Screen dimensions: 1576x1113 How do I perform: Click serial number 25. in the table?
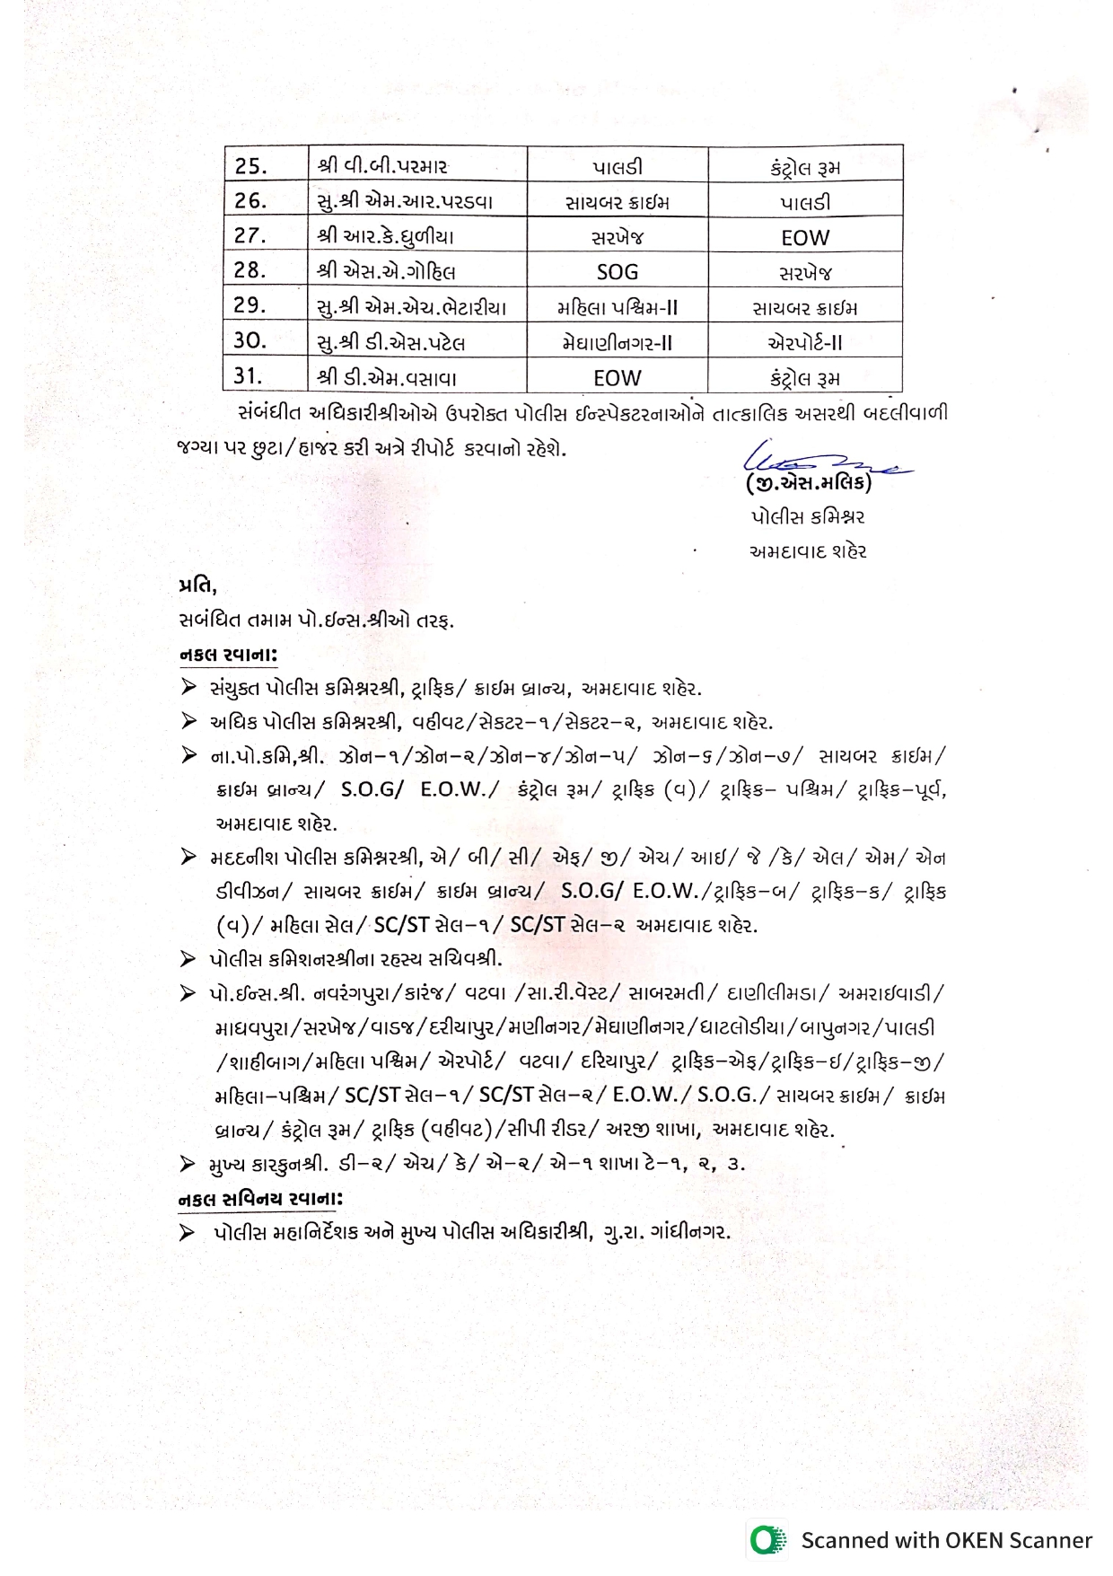coord(251,166)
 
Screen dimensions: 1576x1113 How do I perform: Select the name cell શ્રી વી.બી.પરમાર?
coord(382,166)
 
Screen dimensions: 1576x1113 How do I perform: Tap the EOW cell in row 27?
coord(805,238)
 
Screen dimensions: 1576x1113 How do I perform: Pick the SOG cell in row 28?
coord(618,272)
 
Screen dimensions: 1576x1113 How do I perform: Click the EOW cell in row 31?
coord(618,378)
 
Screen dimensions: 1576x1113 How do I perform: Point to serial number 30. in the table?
coord(250,341)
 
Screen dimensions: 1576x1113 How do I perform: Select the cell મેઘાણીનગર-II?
coord(618,343)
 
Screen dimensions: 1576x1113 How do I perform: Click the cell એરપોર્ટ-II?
coord(805,343)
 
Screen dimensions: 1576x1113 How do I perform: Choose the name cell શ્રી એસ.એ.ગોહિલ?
coord(386,272)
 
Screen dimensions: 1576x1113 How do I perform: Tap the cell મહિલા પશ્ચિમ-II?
coord(618,308)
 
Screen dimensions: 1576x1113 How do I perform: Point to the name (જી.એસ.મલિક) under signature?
coord(809,484)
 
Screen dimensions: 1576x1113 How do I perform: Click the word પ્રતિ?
coord(197,586)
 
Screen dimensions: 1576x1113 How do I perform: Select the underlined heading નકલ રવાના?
coord(228,656)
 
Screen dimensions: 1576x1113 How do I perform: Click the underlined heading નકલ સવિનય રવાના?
coord(260,1199)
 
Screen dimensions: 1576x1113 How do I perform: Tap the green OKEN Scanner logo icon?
coord(767,1540)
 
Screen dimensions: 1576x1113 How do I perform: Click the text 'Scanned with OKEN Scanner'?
coord(946,1540)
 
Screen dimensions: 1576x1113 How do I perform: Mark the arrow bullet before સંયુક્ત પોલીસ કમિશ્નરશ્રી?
coord(188,688)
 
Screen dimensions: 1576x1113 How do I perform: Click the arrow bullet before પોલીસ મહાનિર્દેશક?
coord(187,1232)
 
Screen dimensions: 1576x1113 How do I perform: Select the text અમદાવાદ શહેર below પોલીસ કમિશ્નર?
coord(808,551)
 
